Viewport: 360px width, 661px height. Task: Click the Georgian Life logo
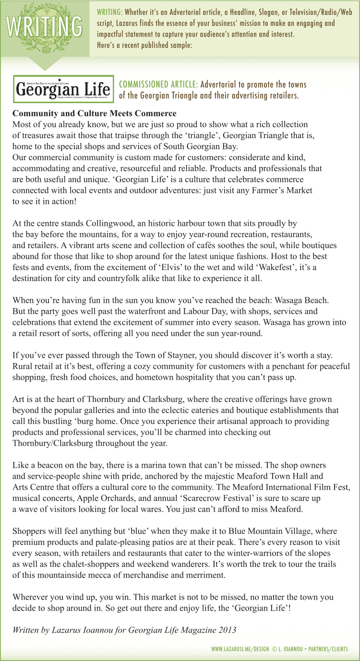click(x=63, y=89)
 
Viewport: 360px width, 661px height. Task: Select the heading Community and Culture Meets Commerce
click(x=94, y=114)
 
